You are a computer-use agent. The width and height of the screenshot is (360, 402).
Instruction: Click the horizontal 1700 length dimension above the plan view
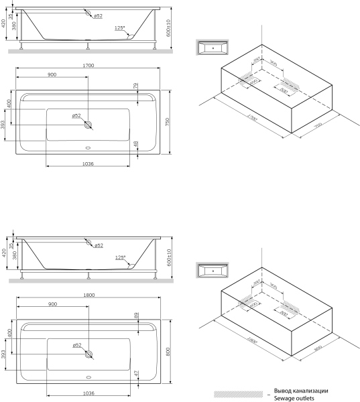click(x=88, y=66)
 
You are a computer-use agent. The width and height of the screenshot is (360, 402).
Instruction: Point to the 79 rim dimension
click(x=135, y=86)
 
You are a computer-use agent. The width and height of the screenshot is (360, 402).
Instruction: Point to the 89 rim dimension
click(x=135, y=314)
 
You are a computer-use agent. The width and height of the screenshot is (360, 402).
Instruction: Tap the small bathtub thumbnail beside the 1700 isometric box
click(x=213, y=48)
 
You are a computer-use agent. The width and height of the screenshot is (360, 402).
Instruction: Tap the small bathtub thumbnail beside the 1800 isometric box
click(x=213, y=271)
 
